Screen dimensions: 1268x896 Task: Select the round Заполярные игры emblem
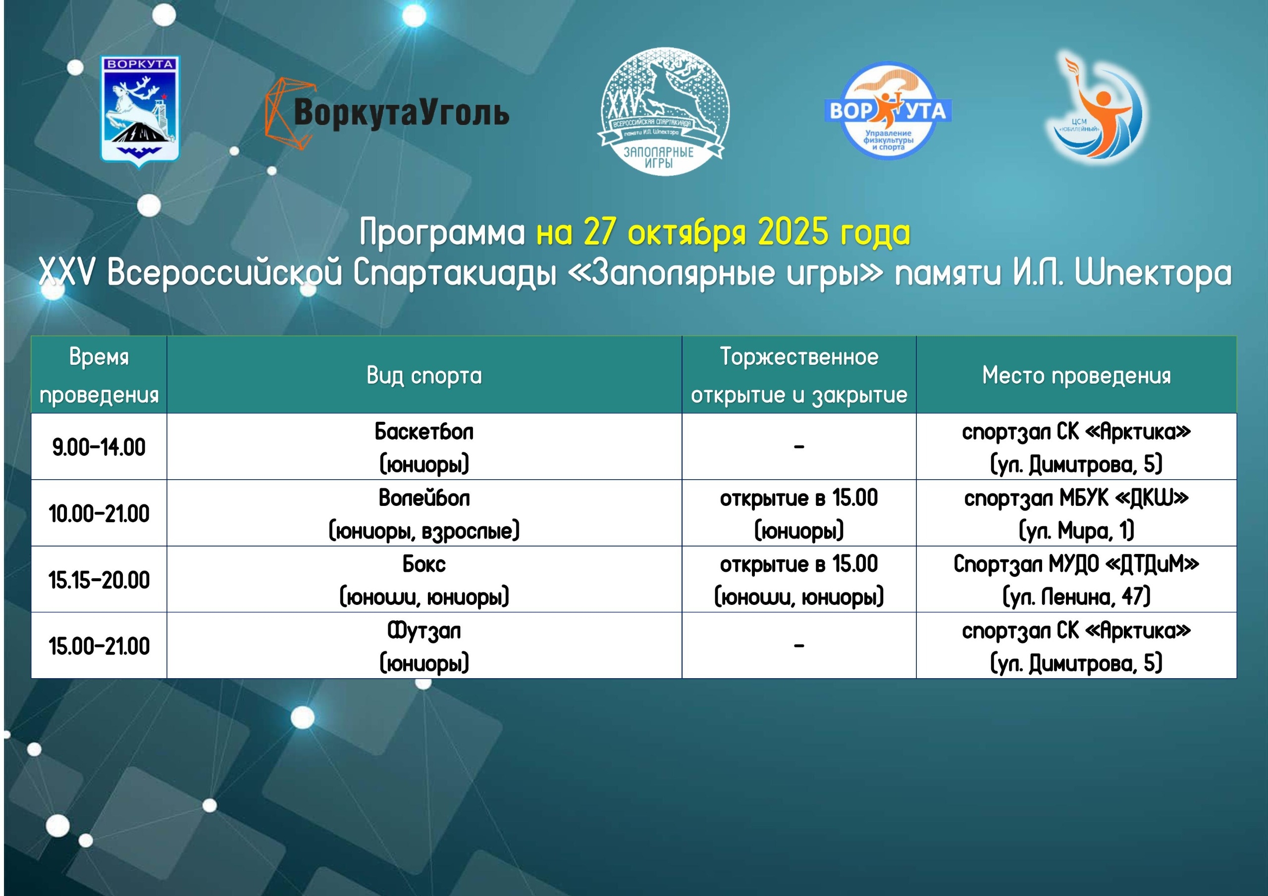coord(663,111)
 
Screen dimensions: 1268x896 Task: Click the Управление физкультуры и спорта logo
coord(888,110)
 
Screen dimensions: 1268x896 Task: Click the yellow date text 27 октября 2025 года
coord(724,232)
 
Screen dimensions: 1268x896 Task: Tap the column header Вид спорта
coord(424,375)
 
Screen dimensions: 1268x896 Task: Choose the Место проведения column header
coord(1076,375)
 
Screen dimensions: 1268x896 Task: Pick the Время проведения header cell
coord(99,375)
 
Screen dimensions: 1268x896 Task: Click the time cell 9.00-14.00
coord(99,447)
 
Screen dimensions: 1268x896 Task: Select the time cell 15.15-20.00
coord(99,580)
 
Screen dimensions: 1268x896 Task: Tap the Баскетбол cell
coord(424,447)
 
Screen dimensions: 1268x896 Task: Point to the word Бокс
coord(424,564)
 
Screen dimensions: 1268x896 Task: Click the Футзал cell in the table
coord(424,646)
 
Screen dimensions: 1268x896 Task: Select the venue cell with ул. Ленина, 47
coord(1076,580)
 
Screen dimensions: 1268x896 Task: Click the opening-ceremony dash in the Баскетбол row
coord(798,447)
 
